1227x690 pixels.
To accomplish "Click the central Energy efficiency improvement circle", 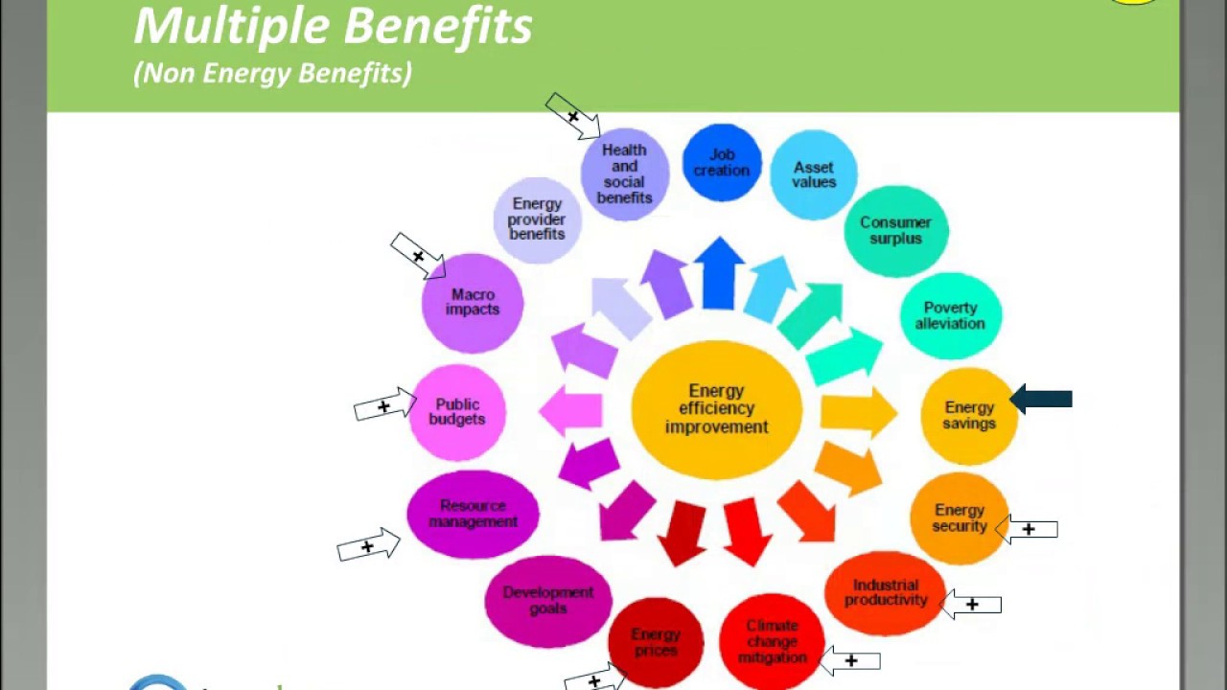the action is point(716,409).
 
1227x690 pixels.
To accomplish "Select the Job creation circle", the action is point(722,163).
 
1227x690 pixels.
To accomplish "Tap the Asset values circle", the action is point(814,174).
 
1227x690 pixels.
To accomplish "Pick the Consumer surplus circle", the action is point(896,231).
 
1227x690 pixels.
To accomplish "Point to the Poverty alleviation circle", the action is point(950,316).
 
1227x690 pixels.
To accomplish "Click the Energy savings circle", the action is point(969,416).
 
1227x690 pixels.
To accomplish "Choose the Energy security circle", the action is point(960,518).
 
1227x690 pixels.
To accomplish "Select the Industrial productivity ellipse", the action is point(885,593).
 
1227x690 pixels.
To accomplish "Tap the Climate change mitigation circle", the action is point(772,641).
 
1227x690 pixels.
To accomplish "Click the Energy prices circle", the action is point(656,643).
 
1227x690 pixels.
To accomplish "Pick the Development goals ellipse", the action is point(548,601).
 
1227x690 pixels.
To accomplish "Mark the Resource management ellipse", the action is point(473,514).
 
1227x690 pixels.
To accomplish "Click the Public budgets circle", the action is point(457,412).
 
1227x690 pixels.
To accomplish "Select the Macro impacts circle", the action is point(473,303).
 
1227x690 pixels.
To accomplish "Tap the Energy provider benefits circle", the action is point(537,219).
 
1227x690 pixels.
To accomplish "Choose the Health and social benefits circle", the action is point(624,174).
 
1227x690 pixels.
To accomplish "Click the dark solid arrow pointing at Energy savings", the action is point(1041,399).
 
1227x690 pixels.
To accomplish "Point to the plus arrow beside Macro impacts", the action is point(418,256).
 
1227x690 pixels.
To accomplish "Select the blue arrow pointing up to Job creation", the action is point(719,273).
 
